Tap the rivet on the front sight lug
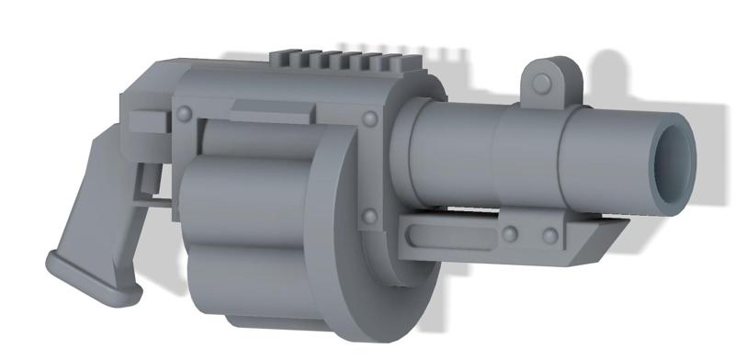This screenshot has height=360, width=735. click(543, 84)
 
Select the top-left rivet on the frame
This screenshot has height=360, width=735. click(184, 113)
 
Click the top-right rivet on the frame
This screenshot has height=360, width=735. click(371, 118)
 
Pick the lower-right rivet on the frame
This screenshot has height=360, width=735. click(369, 218)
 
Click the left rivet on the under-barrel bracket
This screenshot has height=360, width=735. click(511, 235)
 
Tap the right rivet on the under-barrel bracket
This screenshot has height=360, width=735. click(549, 237)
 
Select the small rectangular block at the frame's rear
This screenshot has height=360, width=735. click(147, 123)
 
